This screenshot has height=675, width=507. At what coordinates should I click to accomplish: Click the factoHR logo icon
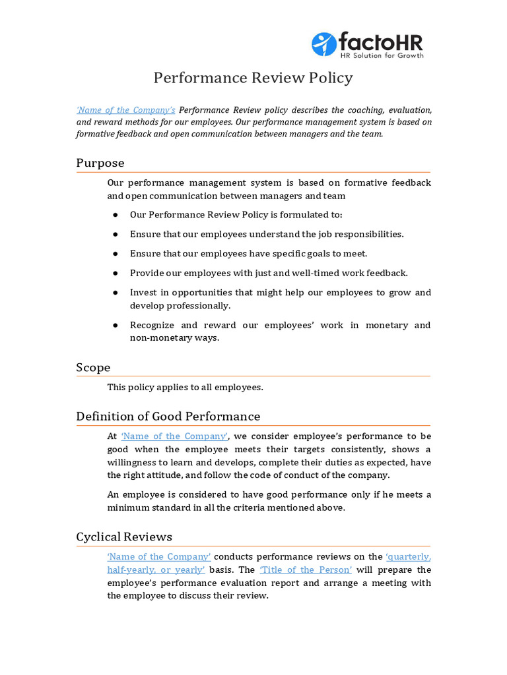pos(323,44)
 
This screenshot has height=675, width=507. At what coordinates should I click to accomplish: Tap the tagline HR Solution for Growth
pos(381,55)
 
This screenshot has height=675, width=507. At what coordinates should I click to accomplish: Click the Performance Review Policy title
pos(253,78)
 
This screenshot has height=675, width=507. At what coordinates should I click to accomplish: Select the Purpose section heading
pos(100,163)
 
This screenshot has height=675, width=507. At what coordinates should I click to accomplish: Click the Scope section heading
pos(93,367)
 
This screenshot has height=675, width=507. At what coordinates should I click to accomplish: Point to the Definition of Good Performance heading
pos(168,416)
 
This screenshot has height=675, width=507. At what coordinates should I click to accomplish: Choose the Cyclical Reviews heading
pos(124,537)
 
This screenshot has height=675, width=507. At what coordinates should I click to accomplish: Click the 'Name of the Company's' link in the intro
pos(125,109)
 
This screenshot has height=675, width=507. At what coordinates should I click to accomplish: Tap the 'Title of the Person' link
pos(306,570)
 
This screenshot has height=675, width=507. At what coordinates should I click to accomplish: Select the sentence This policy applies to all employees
pos(185,387)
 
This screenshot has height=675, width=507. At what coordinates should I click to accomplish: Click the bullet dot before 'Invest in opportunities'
pos(115,293)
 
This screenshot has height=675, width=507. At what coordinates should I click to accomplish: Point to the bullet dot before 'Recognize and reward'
pos(115,325)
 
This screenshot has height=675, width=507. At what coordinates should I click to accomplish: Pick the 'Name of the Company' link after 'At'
pos(174,436)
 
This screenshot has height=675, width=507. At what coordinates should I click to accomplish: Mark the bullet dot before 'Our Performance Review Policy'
pos(115,215)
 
